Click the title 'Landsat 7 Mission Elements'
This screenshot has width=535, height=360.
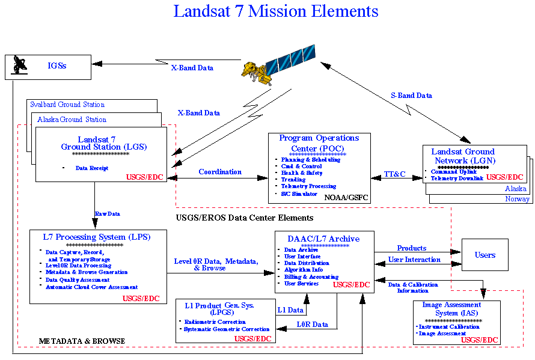point(276,11)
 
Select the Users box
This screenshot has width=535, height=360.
point(485,255)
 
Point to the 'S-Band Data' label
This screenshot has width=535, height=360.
point(411,95)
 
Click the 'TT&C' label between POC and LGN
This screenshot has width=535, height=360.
point(395,174)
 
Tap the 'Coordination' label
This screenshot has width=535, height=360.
point(220,172)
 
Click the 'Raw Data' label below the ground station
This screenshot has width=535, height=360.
point(107,213)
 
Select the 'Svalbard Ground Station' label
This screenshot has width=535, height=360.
point(67,105)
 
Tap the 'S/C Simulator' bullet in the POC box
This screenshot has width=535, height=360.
point(299,194)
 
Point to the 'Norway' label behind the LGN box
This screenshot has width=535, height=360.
point(517,199)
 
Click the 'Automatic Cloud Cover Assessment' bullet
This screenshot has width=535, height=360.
point(91,287)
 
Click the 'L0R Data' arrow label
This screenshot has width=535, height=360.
point(313,325)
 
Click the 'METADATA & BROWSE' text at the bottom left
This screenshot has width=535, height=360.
point(82,341)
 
